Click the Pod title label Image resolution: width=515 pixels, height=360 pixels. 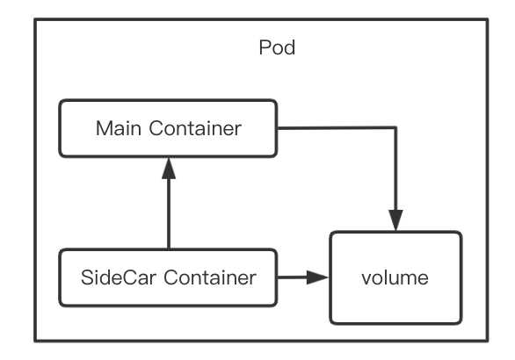pos(277,47)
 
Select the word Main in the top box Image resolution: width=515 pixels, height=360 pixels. pos(119,128)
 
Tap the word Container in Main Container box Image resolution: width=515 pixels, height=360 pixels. pos(195,128)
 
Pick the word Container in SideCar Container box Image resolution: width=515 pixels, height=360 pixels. pos(210,277)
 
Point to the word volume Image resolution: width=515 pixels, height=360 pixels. pos(395,277)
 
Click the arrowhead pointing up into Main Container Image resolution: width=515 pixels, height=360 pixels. pos(169,169)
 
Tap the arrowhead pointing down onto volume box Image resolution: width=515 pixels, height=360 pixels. pos(395,220)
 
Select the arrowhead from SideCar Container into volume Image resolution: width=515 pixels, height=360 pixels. pos(317,277)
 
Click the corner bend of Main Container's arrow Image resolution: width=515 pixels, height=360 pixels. pos(395,127)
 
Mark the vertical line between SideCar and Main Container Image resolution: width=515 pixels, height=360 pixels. pos(169,214)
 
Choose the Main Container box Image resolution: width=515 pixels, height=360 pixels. pos(168,128)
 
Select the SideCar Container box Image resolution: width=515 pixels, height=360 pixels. pos(168,277)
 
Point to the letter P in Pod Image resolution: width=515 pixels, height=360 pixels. pos(265,47)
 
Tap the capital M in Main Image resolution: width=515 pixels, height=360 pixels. pos(103,128)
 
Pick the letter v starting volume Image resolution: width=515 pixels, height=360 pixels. pos(366,279)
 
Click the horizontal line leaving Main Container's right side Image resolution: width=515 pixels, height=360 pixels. pos(337,127)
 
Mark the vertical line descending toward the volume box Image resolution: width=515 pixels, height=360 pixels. pos(395,169)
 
